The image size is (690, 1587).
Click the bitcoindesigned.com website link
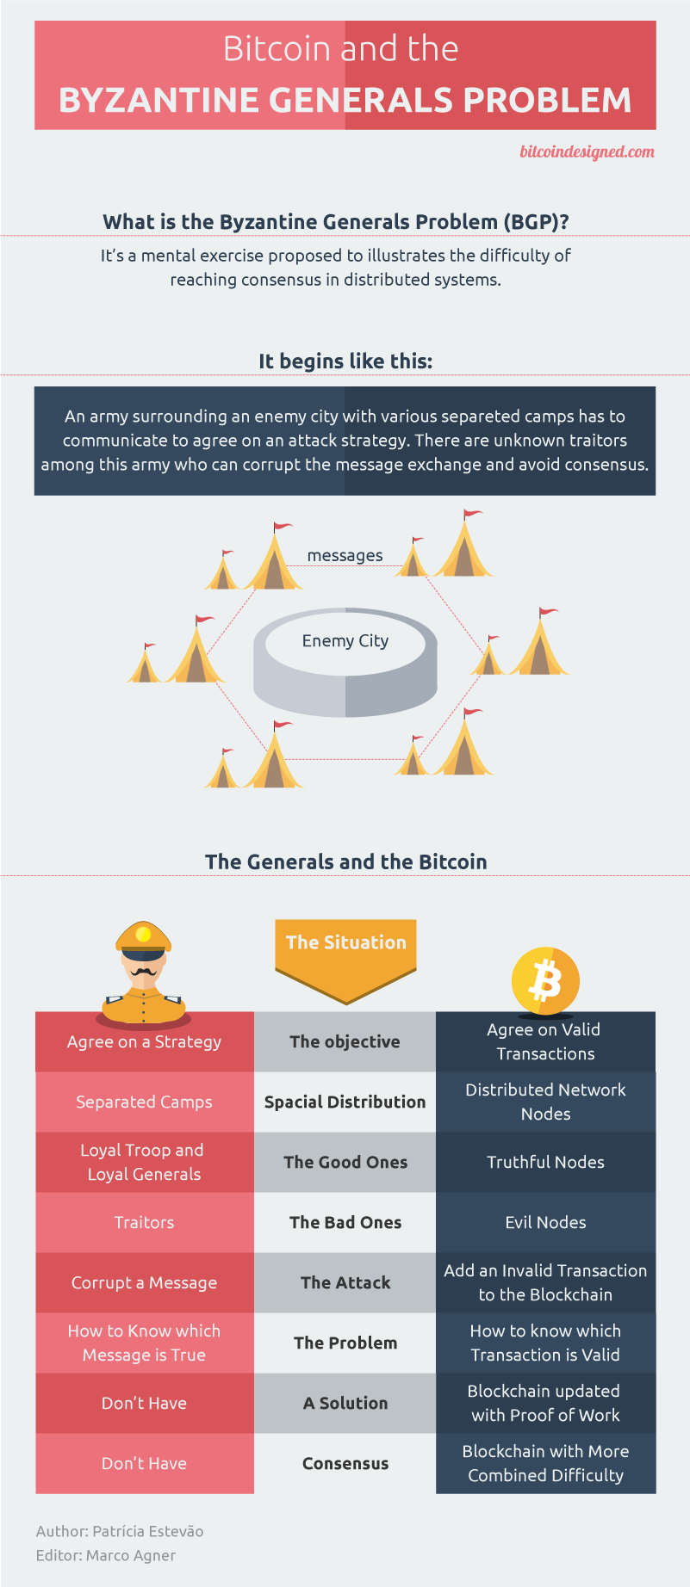(587, 152)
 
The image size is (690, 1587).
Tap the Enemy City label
(345, 641)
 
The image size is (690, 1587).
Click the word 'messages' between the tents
(345, 556)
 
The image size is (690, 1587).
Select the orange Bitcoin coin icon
(544, 981)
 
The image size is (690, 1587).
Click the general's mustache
(144, 972)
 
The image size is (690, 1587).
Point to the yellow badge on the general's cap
(144, 935)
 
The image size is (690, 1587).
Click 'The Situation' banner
(345, 943)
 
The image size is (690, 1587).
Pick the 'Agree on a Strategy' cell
(144, 1042)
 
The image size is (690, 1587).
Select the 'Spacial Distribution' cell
(345, 1102)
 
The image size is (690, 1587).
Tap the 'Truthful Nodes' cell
(545, 1163)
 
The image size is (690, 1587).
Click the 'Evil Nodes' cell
(545, 1223)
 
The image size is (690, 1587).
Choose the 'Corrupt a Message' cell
(144, 1283)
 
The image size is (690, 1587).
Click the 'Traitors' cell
(144, 1223)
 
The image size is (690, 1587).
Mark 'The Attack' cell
(345, 1283)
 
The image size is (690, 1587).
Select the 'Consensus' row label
(345, 1464)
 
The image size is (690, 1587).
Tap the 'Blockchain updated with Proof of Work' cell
(545, 1404)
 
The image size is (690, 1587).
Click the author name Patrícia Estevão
(148, 1532)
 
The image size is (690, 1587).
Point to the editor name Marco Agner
(131, 1556)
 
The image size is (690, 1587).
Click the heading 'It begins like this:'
(345, 361)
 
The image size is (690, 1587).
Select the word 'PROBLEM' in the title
(547, 101)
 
